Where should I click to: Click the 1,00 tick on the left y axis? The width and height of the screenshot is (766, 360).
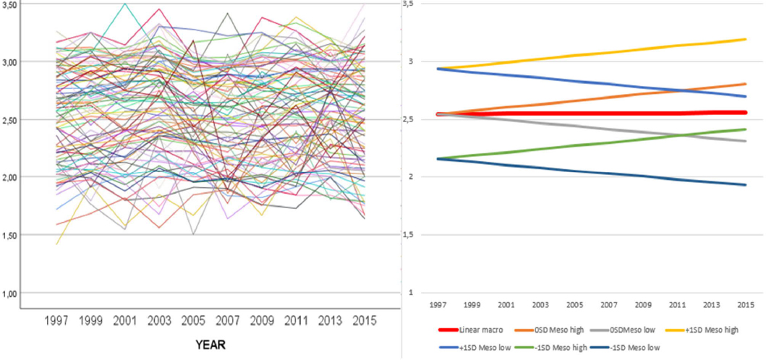click(x=14, y=293)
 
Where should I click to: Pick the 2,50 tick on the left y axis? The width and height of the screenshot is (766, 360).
click(x=14, y=119)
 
